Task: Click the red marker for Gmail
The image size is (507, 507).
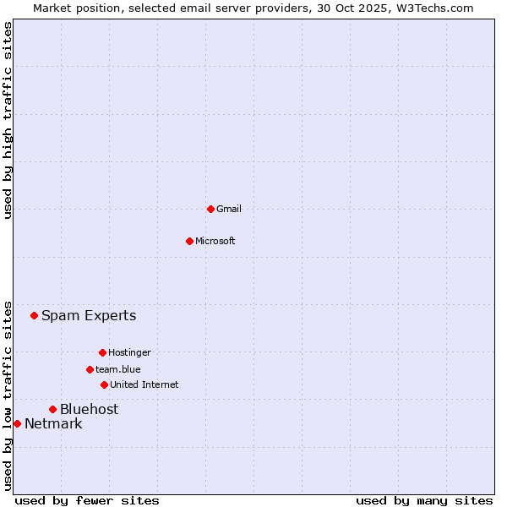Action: click(x=210, y=209)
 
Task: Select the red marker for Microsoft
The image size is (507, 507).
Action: click(x=189, y=241)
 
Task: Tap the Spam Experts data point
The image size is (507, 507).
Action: click(x=35, y=316)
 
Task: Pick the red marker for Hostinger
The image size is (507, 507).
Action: click(x=102, y=352)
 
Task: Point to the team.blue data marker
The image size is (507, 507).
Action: click(x=90, y=369)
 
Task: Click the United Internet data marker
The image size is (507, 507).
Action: click(x=104, y=384)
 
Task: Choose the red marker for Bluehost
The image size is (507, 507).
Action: click(x=52, y=410)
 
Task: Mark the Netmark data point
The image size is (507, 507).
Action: click(x=17, y=423)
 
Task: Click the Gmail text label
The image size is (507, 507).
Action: click(x=229, y=209)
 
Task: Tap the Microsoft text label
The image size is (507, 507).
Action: click(x=215, y=241)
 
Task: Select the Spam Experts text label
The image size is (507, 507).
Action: click(x=89, y=316)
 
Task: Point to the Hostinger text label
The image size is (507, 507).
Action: click(x=129, y=352)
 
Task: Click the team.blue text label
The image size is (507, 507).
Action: click(x=118, y=369)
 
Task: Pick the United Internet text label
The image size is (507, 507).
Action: click(x=144, y=384)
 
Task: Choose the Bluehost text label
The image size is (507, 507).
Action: click(x=89, y=410)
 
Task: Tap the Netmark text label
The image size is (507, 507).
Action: click(x=53, y=424)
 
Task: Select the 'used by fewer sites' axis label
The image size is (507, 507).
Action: click(x=87, y=500)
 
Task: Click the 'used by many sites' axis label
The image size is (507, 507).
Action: click(x=424, y=500)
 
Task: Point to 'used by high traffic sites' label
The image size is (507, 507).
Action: click(x=8, y=120)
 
